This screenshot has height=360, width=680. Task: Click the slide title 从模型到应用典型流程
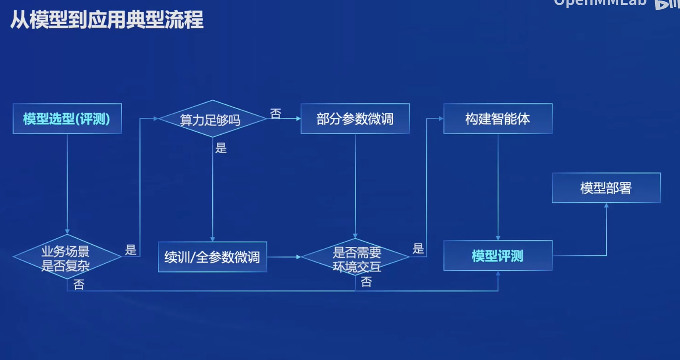pos(107,20)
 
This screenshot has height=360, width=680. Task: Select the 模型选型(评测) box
pos(67,119)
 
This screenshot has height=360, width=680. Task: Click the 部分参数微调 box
pos(355,119)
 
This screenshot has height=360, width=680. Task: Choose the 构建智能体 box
pos(498,119)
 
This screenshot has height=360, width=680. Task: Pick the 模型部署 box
pos(606,188)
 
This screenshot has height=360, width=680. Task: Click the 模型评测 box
pos(498,256)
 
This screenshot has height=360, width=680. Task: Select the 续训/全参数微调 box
pos(212,257)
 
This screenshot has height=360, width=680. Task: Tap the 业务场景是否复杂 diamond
pos(67,258)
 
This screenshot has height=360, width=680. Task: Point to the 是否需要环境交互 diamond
pos(356,258)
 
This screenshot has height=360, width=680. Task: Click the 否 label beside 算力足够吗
pos(275,114)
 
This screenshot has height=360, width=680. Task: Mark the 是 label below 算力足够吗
pos(221,148)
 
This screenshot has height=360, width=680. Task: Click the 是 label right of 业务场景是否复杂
pos(131,250)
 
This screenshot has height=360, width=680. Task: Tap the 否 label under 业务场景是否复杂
pos(79,285)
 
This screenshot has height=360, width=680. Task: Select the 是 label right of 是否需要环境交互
pos(418,248)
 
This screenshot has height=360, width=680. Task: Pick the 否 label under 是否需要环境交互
pos(366,282)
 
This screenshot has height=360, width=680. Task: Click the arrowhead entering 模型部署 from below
pos(606,206)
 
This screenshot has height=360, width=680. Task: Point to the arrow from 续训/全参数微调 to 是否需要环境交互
pos(284,257)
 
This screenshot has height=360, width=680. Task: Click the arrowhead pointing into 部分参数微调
pos(298,119)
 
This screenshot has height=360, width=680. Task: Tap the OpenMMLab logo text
pos(600,3)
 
